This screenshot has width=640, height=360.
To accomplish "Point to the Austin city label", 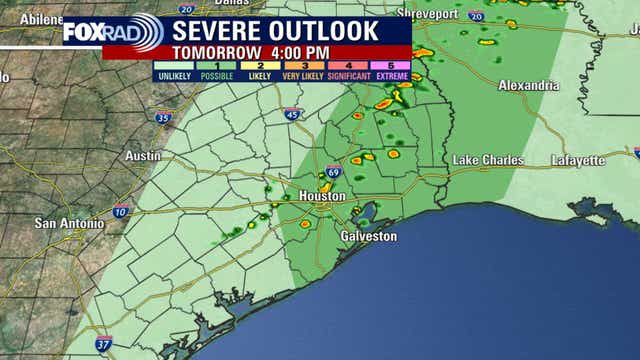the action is tap(144, 156).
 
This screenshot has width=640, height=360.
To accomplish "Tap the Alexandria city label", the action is tap(528, 86).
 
